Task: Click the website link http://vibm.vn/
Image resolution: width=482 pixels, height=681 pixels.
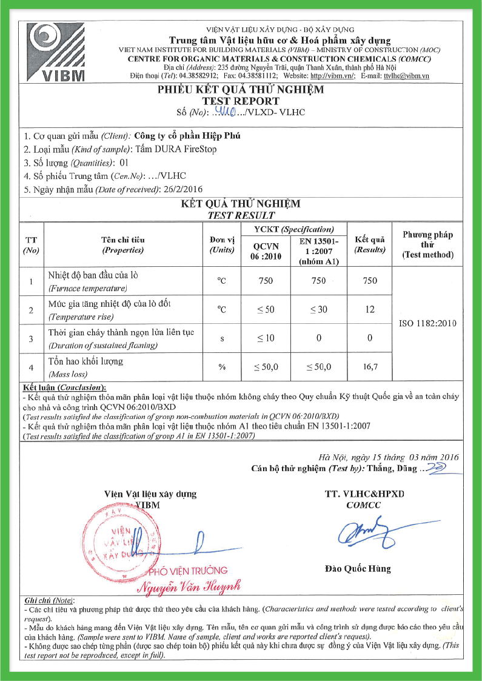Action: (x=332, y=76)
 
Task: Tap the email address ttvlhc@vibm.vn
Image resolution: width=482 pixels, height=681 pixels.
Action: (x=406, y=76)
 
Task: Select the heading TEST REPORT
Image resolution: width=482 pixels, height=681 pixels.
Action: (x=241, y=101)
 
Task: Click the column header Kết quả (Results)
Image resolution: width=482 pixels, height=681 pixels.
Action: (x=370, y=244)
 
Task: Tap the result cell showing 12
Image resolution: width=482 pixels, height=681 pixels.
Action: (x=370, y=309)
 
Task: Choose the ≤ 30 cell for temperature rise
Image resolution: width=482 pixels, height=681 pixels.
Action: (x=318, y=309)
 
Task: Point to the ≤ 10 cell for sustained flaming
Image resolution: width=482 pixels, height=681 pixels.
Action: (x=266, y=338)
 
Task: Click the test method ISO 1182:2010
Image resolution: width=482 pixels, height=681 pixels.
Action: (x=428, y=324)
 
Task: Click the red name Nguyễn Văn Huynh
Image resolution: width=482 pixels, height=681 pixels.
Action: (x=189, y=586)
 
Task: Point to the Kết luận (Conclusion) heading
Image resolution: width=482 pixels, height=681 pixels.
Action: (x=64, y=387)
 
